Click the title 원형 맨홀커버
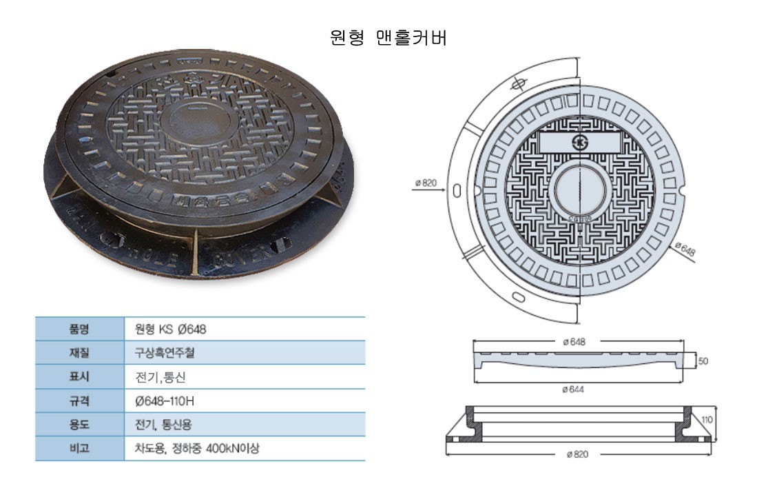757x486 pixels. tap(388, 38)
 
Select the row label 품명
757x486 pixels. tap(79, 329)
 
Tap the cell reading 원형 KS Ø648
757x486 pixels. tap(170, 330)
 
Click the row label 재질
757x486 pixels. tap(79, 353)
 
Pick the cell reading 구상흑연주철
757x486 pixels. tap(165, 353)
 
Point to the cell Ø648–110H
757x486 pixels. tap(165, 401)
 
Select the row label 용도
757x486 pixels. tap(79, 425)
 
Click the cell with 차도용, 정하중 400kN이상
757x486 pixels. tap(197, 448)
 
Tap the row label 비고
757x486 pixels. tap(79, 448)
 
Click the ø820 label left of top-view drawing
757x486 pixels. tap(426, 183)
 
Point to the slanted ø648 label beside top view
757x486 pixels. tap(685, 249)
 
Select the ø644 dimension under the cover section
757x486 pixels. tap(573, 389)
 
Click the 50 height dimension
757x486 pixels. tap(703, 361)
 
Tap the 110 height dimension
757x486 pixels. tap(707, 420)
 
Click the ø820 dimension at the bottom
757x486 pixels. tap(577, 454)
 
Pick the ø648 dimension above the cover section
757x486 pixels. tap(574, 342)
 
